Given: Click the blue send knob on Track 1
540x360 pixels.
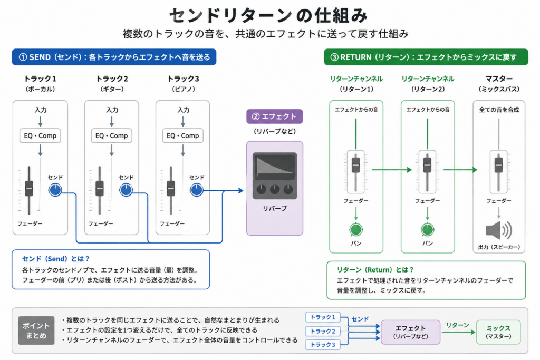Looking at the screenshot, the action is (x=55, y=190).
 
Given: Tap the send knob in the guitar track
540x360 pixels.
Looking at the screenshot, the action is (x=126, y=190).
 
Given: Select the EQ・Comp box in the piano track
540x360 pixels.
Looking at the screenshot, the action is (x=183, y=135).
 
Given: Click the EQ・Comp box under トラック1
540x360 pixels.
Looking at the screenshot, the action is (x=40, y=135).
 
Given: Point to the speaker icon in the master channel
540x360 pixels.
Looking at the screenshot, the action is (x=499, y=230).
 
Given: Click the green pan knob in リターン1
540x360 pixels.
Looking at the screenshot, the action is (x=356, y=230).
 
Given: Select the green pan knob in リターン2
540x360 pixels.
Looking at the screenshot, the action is (x=427, y=230).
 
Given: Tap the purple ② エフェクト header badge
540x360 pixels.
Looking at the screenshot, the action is (x=274, y=116).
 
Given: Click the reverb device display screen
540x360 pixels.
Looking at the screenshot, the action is (x=275, y=167).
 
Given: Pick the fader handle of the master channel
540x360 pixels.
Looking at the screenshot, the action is (x=499, y=165).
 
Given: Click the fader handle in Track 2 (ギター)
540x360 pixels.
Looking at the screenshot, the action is (x=100, y=188).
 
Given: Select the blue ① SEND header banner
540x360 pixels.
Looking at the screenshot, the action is (x=114, y=57).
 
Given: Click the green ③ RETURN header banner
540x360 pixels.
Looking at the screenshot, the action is (x=426, y=57).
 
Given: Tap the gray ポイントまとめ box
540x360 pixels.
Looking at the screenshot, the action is (x=36, y=330).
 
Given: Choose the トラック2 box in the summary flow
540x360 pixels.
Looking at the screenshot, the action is (x=323, y=331).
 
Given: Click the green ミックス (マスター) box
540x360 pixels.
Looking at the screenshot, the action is (x=498, y=332).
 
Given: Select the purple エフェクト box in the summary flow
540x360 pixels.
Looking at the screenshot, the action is (x=410, y=332).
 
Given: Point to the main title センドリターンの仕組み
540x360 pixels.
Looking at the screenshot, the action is (x=268, y=15).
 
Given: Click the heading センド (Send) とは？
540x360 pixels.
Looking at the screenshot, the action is (x=56, y=259).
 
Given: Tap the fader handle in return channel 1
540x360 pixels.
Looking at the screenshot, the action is (x=356, y=165).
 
